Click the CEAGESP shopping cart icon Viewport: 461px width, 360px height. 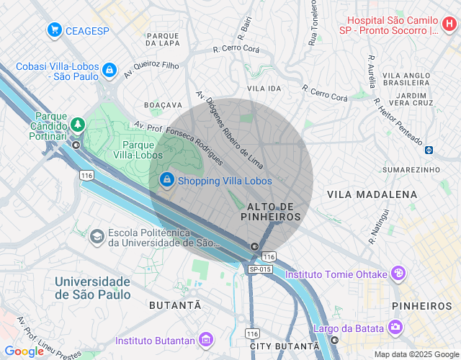(54, 30)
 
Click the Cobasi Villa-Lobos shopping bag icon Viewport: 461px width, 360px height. (109, 70)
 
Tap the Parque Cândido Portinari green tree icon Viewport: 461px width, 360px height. (76, 125)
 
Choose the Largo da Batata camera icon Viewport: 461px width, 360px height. (395, 328)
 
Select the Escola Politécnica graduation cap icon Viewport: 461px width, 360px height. (97, 236)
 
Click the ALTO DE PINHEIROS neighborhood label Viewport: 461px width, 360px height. (270, 211)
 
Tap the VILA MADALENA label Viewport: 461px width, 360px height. (372, 194)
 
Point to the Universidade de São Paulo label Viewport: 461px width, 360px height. (93, 287)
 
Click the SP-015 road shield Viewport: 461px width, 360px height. (260, 269)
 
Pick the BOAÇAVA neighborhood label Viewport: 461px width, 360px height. (163, 105)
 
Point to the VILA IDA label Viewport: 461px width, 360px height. (264, 88)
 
